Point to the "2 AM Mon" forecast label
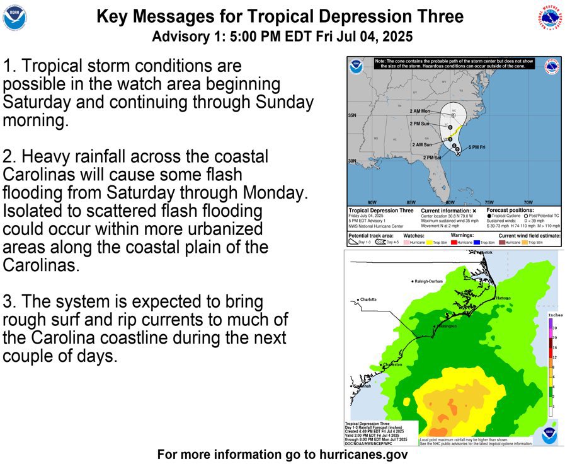coord(419,112)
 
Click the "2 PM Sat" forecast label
coord(432,158)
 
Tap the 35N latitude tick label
coord(353,116)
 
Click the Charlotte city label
coord(367,299)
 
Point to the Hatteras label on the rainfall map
coord(503,298)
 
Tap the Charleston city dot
coord(382,365)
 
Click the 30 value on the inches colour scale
coord(554,328)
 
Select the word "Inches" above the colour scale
coord(555,314)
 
